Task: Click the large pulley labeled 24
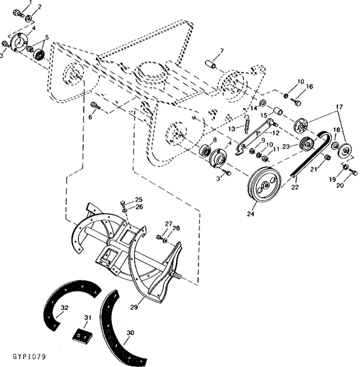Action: coord(263,185)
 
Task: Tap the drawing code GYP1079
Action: coord(29,356)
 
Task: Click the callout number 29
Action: coord(134,307)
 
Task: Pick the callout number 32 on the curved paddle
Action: coord(64,308)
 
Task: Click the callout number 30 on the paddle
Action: coord(131,332)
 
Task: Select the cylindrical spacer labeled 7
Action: coord(210,64)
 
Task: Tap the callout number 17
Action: coord(339,107)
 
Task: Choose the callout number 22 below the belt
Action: coord(295,187)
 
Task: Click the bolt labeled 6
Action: coord(96,105)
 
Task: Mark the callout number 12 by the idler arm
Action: coord(276,133)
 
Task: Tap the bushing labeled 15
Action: coord(278,111)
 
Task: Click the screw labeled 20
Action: coord(353,173)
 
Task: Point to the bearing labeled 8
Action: coord(205,149)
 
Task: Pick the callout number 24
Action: coord(251,214)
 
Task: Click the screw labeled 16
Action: coord(296,101)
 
